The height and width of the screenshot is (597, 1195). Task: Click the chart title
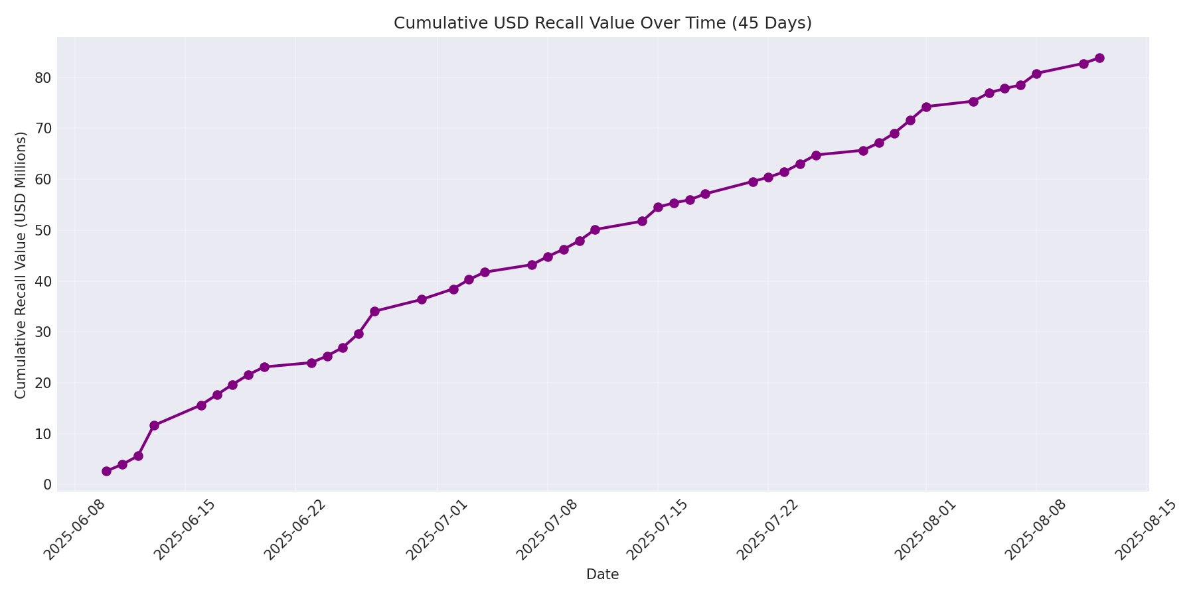(x=602, y=23)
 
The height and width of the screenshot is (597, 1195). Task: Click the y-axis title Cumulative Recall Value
(x=21, y=265)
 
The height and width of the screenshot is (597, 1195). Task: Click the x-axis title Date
(x=602, y=574)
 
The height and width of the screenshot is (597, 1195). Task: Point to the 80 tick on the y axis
(x=43, y=78)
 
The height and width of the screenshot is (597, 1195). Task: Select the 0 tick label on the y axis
(x=47, y=485)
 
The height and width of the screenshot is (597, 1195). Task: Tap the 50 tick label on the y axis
(x=43, y=230)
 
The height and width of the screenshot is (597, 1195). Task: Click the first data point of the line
(x=106, y=471)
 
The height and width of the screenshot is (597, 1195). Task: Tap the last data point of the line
(x=1099, y=58)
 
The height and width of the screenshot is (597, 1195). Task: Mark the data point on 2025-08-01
(x=926, y=106)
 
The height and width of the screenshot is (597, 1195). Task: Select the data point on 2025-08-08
(x=1036, y=74)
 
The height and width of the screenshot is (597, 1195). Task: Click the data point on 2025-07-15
(x=658, y=207)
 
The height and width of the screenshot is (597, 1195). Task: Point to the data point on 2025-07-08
(x=548, y=257)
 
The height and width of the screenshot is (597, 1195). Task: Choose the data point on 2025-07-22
(x=768, y=177)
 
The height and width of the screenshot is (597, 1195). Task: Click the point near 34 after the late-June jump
(x=374, y=311)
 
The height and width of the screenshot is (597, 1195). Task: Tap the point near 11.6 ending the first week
(x=154, y=425)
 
